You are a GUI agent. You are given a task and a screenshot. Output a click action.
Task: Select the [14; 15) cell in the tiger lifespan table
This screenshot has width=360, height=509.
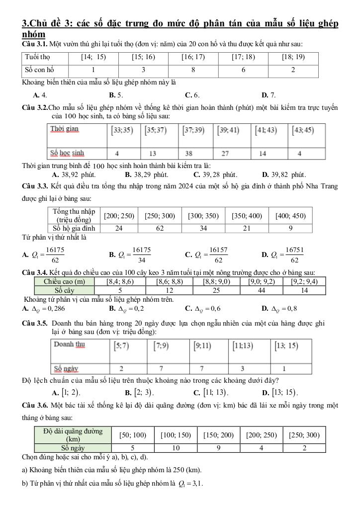click(x=93, y=57)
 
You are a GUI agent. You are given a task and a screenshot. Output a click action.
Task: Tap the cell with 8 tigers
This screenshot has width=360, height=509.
click(x=193, y=70)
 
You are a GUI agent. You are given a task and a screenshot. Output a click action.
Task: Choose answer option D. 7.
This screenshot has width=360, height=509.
click(x=269, y=94)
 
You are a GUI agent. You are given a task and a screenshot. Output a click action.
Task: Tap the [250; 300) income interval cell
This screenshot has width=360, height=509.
click(x=161, y=216)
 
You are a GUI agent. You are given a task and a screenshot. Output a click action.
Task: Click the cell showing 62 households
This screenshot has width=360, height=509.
click(x=161, y=228)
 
